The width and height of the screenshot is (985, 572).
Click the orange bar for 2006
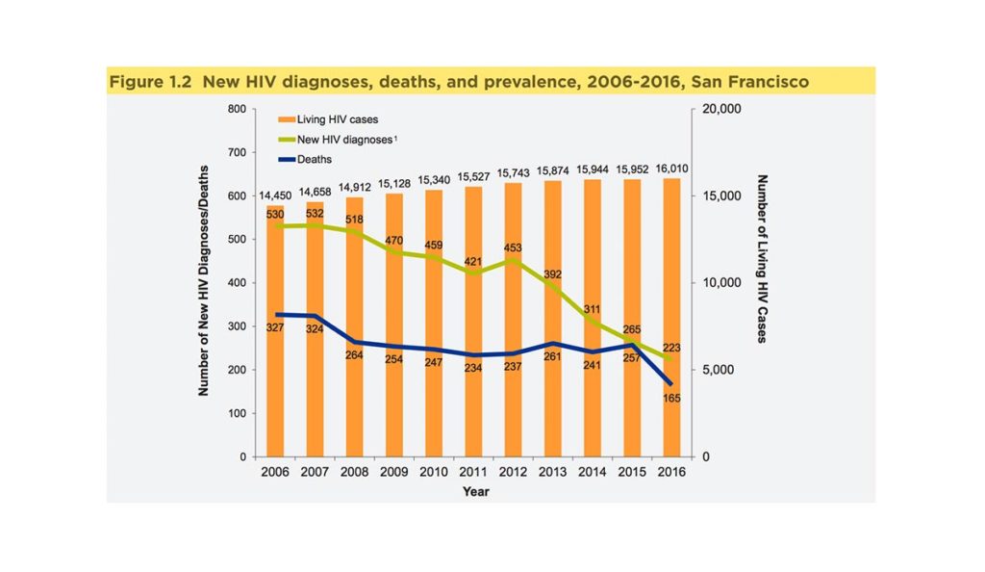click(275, 385)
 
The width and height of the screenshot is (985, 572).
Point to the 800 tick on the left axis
click(236, 110)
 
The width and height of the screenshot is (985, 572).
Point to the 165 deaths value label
click(671, 397)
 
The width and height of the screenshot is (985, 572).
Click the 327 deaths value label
click(275, 328)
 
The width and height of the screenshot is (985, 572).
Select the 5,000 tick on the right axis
click(720, 370)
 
